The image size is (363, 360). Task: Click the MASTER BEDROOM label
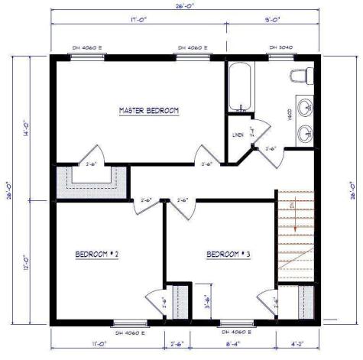148,111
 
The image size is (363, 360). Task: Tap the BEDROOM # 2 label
97,254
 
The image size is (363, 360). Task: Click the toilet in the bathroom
300,76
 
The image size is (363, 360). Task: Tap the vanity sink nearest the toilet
306,105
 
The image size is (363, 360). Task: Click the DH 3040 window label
282,47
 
